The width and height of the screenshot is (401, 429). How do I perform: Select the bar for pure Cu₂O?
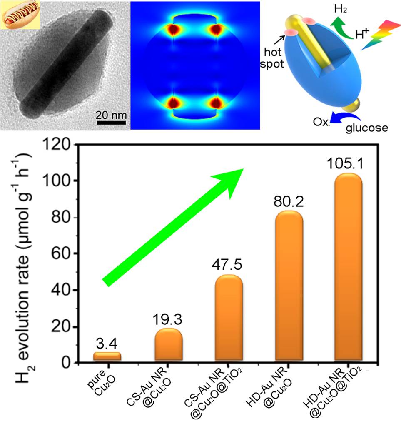[107, 356]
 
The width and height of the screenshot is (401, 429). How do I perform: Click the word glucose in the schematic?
[366, 128]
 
